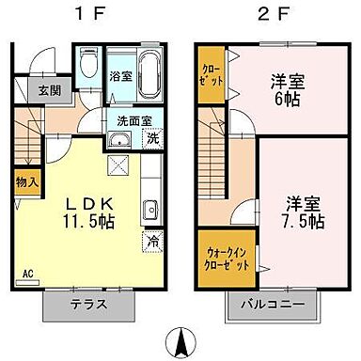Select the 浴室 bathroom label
click(120, 76)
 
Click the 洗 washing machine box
click(152, 139)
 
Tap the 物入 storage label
click(26, 182)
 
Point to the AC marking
click(27, 273)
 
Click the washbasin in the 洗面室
click(120, 141)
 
